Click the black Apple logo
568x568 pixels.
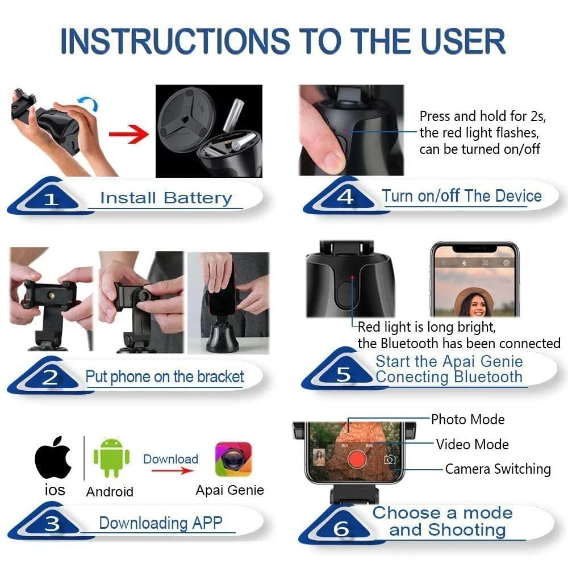coord(53,458)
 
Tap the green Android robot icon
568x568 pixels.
coord(111,458)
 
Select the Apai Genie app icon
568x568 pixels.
coord(233,459)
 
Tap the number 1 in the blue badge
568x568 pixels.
coord(52,199)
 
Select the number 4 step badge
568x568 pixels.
coord(345,197)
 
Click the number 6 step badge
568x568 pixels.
coord(341,529)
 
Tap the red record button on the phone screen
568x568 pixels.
coord(356,458)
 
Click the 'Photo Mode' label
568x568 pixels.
coord(467,420)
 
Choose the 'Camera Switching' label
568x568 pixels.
coord(498,469)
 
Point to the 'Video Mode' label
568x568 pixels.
coord(472,444)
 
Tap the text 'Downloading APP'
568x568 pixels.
coord(160,523)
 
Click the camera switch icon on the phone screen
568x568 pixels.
coord(390,460)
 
